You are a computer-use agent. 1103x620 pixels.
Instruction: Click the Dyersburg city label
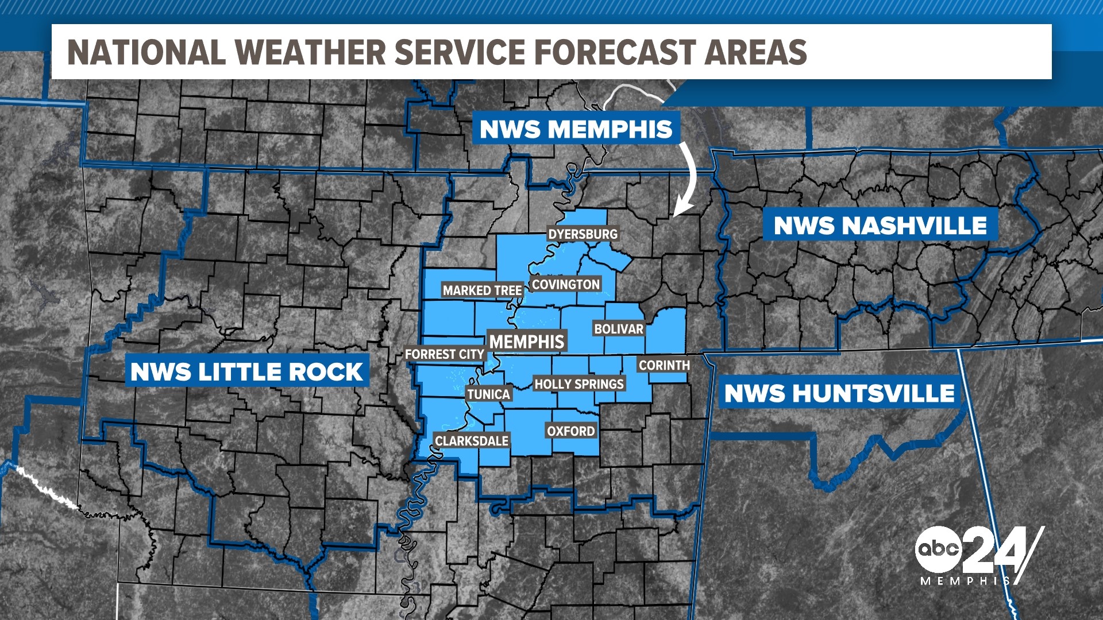(x=583, y=234)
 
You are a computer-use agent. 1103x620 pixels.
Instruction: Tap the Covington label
(x=565, y=284)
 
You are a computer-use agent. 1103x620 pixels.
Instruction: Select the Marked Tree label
(x=482, y=290)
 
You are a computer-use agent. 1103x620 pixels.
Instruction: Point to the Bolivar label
(x=619, y=329)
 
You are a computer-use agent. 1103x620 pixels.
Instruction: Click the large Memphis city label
(x=527, y=342)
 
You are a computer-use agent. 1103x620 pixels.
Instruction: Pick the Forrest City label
(x=445, y=354)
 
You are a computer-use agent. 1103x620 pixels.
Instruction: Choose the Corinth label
(x=664, y=365)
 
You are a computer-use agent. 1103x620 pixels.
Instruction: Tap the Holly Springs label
(x=579, y=384)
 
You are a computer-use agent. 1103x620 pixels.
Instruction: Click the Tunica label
(x=488, y=394)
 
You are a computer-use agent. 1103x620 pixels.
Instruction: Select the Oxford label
(x=570, y=431)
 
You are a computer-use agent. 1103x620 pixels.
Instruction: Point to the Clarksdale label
(x=471, y=441)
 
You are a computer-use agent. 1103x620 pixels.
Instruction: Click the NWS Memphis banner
(x=576, y=129)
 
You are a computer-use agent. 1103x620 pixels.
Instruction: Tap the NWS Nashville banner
(x=880, y=226)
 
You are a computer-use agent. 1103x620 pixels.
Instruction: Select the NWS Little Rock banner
(x=246, y=372)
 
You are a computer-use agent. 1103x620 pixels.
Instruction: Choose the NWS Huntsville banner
(x=839, y=394)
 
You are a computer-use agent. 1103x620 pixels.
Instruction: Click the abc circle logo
(x=938, y=549)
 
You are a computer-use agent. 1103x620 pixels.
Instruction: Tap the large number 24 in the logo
(x=997, y=551)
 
